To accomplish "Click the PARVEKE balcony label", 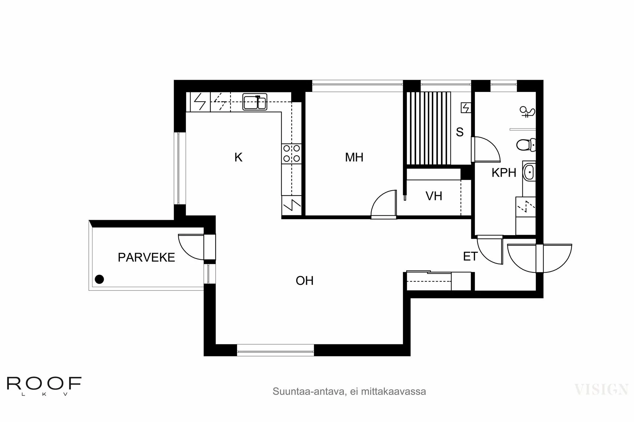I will [146, 257].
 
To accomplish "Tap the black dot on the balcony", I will [99, 280].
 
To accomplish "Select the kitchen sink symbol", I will [255, 102].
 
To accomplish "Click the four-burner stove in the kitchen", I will [292, 153].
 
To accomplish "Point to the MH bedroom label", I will [354, 158].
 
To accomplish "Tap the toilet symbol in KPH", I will [525, 145].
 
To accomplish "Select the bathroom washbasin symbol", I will [529, 172].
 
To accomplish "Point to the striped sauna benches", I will [429, 128].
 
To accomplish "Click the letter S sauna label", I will [460, 132].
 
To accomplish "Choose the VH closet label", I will [434, 196].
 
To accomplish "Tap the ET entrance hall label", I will [470, 256].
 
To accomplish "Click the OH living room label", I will [304, 281].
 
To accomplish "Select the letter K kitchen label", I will [238, 158].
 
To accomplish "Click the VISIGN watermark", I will [601, 389].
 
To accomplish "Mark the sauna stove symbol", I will [466, 108].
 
